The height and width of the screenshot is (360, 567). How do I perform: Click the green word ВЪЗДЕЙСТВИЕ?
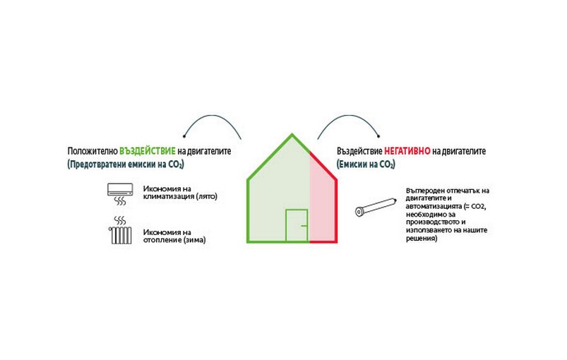coord(148,151)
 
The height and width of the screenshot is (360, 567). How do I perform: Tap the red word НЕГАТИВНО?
coord(407,151)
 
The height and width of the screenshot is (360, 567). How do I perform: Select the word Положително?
coord(92,151)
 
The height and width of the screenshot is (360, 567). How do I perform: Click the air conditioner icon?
coord(121,194)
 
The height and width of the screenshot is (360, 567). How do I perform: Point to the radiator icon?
coord(120,231)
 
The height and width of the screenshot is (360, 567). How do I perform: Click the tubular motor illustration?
coord(376,207)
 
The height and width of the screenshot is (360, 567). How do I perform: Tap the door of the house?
coord(297,226)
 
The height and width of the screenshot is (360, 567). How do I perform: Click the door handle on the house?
coord(304,226)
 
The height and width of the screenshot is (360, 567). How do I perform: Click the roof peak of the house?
coord(292,134)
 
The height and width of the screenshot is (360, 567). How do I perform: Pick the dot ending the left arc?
coord(184,136)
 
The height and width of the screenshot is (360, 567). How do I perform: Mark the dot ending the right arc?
coord(378,136)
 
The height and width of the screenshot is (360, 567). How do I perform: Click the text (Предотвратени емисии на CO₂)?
coord(126,164)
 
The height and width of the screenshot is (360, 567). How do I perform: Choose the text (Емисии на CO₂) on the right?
coord(366,164)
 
